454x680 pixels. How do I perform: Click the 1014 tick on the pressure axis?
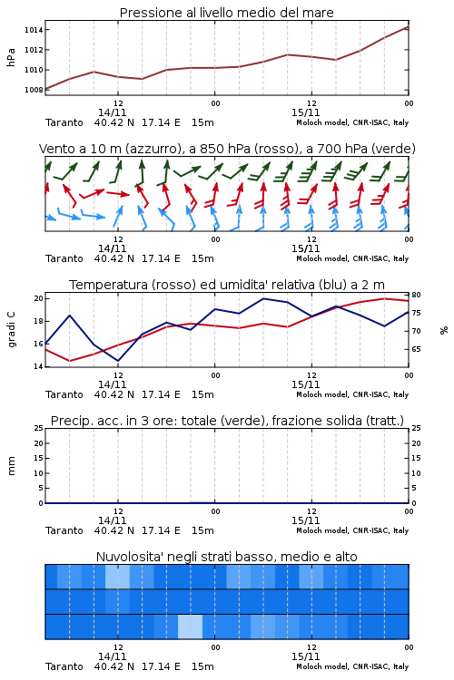tap(34, 30)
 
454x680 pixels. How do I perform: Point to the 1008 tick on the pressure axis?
tap(34, 90)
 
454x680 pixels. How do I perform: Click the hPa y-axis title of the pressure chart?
tap(11, 57)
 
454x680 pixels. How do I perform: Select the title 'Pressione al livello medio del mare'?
tap(226, 13)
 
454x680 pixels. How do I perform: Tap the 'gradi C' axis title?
tap(12, 330)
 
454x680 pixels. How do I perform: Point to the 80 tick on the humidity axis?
tap(416, 295)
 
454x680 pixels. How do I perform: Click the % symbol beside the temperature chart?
tap(444, 330)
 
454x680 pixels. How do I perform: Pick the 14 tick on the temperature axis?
tap(39, 366)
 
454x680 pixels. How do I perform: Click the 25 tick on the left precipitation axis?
tap(39, 428)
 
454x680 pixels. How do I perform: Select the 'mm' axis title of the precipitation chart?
tap(12, 466)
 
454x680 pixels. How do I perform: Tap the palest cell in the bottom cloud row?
tap(191, 627)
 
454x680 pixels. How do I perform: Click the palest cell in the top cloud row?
tap(117, 577)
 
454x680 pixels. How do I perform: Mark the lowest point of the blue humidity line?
tap(118, 361)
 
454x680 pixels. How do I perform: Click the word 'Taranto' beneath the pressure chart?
tap(64, 122)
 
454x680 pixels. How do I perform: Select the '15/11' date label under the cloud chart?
tap(305, 656)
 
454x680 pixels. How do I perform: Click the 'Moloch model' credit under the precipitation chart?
tap(322, 530)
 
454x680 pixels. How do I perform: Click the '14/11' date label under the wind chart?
tap(112, 249)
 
